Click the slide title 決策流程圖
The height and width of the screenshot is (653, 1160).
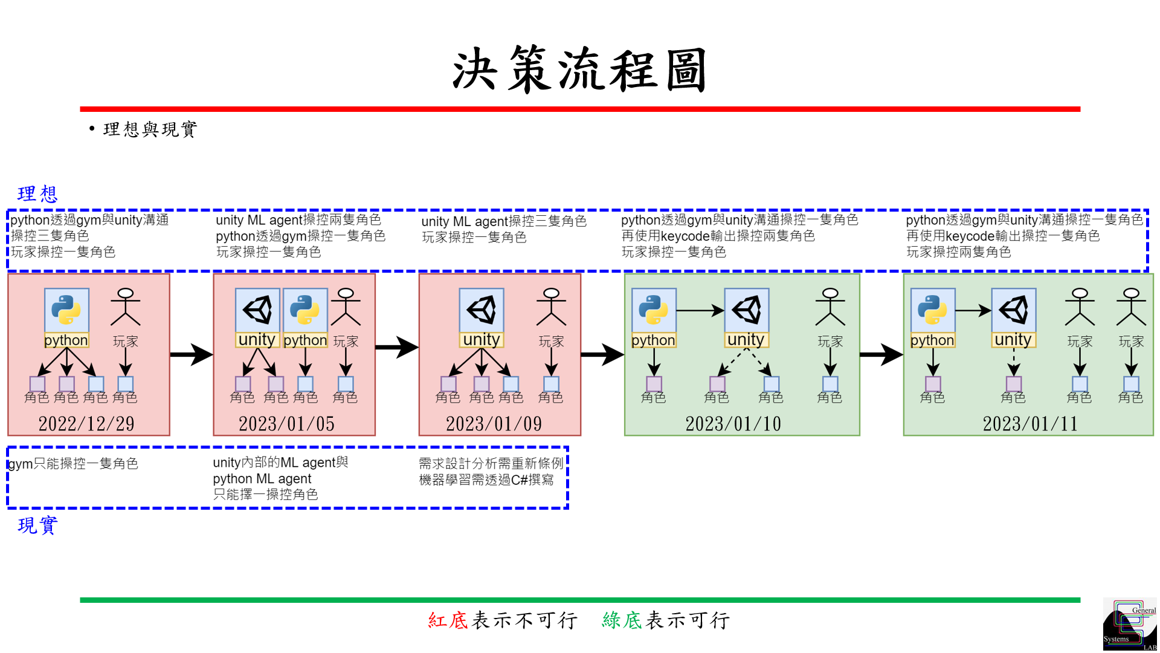point(579,70)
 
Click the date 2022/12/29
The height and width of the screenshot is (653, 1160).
point(86,424)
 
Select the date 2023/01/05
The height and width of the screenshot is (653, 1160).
point(286,424)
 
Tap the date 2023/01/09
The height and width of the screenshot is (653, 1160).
point(494,424)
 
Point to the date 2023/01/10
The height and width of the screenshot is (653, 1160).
point(733,424)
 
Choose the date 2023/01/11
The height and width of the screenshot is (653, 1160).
point(1030,424)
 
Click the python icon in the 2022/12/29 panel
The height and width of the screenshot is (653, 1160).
point(66,310)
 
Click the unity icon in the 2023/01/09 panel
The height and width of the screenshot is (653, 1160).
point(482,310)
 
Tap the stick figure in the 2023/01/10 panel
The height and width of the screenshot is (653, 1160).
point(830,307)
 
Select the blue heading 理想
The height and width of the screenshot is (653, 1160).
point(37,194)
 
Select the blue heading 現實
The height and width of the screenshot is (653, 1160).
point(37,525)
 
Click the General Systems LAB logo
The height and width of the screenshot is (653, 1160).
point(1129,625)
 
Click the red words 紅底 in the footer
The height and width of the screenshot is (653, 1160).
point(448,620)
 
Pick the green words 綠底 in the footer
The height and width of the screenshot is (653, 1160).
point(622,620)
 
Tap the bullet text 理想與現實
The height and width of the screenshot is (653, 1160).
point(150,129)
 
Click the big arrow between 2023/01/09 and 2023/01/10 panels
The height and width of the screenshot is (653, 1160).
point(602,354)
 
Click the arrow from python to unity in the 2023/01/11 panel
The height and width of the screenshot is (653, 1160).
point(973,311)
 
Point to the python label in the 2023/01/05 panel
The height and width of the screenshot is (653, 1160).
point(305,340)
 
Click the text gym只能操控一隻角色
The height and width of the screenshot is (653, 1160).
point(74,464)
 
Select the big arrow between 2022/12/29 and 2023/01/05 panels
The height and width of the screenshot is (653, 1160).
point(191,354)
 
